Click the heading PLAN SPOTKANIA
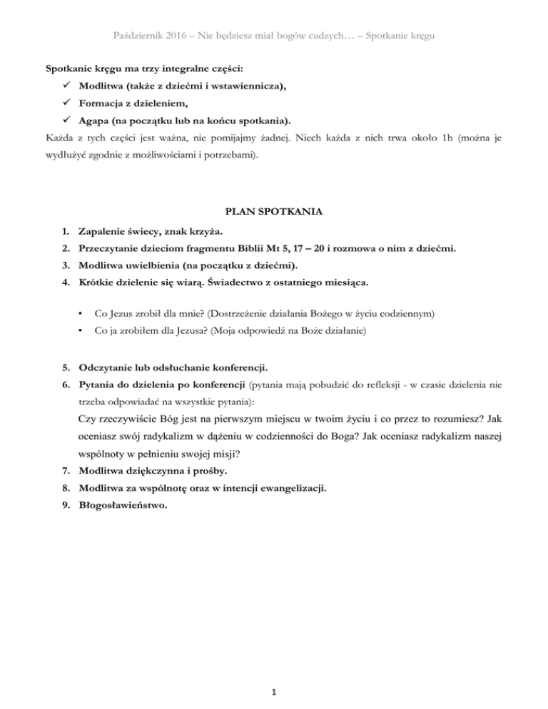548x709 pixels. (x=273, y=211)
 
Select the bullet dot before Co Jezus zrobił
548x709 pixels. (x=83, y=313)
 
